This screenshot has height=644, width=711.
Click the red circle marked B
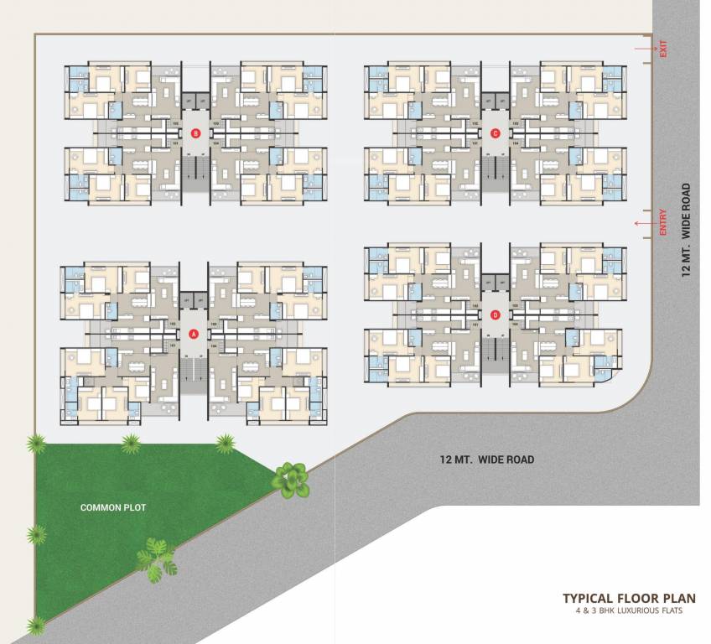(x=196, y=132)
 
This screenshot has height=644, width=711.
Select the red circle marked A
(x=194, y=334)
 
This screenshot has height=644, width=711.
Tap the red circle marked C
(x=496, y=132)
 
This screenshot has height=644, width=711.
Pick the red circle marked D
(x=496, y=315)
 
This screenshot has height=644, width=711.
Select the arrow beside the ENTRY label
(x=644, y=223)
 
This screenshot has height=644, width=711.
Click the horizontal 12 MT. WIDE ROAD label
(x=486, y=460)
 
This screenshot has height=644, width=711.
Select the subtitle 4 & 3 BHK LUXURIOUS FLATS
(x=628, y=611)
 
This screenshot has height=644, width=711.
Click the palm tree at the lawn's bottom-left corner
(x=36, y=625)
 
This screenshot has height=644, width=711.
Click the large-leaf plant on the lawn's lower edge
(x=156, y=558)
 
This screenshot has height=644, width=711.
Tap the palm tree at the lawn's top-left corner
(x=35, y=444)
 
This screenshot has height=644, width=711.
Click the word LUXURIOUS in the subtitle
(x=636, y=611)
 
